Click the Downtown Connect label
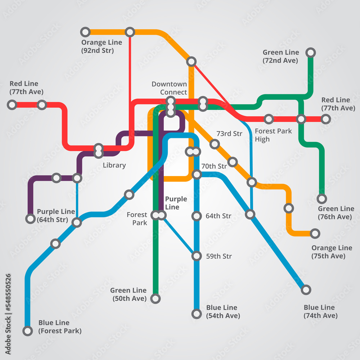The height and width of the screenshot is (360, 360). pos(169,88)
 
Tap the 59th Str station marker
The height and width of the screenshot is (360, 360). pos(197,256)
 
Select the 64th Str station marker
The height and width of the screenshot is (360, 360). pos(197,216)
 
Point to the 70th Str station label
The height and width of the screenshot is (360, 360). pos(214,166)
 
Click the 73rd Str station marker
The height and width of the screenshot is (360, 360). pos(215,144)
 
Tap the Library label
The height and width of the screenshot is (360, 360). pos(114,165)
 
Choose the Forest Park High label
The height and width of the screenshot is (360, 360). pos(273,135)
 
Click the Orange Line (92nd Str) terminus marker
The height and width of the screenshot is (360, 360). pos(85,32)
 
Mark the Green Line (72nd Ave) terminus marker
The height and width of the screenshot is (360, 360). pos(310,53)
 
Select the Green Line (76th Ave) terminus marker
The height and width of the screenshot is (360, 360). pos(322,198)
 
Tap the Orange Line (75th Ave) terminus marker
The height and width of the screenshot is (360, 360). pos(315,233)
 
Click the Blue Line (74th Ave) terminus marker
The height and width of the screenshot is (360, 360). pos(306,289)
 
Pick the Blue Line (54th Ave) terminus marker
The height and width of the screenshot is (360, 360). pos(197,314)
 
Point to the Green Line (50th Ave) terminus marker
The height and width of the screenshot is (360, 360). pos(156,298)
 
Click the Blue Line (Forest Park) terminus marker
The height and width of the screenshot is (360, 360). pos(28,331)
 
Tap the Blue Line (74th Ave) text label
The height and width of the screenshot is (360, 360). pos(320,311)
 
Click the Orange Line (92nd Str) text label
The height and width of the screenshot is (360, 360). pos(102,46)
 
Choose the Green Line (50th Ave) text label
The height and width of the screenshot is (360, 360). pos(128,294)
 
